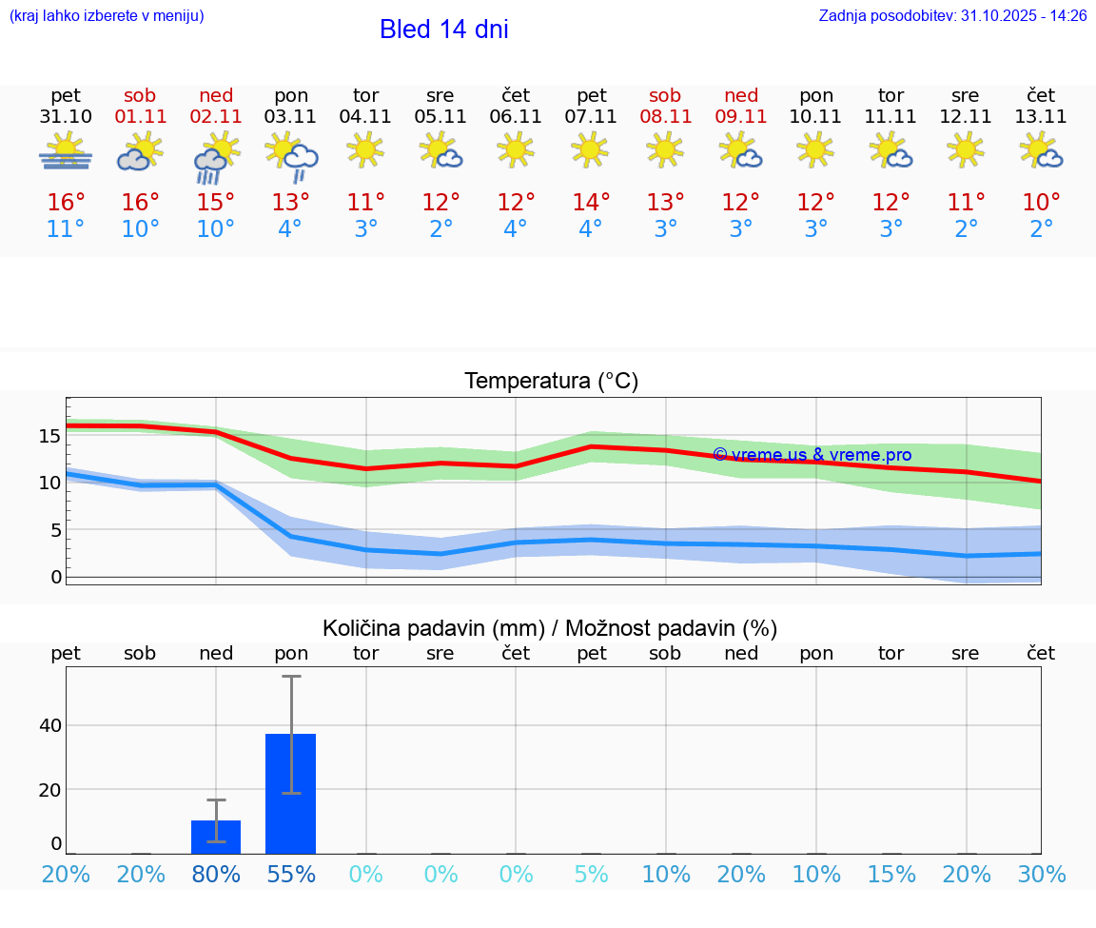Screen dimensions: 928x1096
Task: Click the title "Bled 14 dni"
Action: (443, 30)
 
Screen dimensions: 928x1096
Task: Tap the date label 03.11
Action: (290, 117)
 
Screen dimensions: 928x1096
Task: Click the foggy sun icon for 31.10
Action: (66, 152)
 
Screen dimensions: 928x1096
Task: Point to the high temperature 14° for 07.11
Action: (591, 202)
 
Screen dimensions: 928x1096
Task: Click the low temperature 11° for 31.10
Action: (66, 229)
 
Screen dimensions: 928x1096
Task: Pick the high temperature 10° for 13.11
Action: (1041, 202)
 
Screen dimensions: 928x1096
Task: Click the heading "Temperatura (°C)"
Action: (551, 382)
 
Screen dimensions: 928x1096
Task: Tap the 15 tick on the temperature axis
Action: (49, 436)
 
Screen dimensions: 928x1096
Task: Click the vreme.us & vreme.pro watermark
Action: (812, 455)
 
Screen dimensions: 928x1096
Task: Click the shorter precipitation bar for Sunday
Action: (216, 837)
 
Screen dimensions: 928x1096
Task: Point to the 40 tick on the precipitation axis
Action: (49, 725)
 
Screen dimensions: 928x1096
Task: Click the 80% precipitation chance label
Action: (216, 875)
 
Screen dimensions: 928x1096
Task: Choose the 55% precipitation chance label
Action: (290, 875)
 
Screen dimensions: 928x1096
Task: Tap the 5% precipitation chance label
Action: (591, 875)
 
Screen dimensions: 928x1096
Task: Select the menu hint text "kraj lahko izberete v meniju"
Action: (107, 16)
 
